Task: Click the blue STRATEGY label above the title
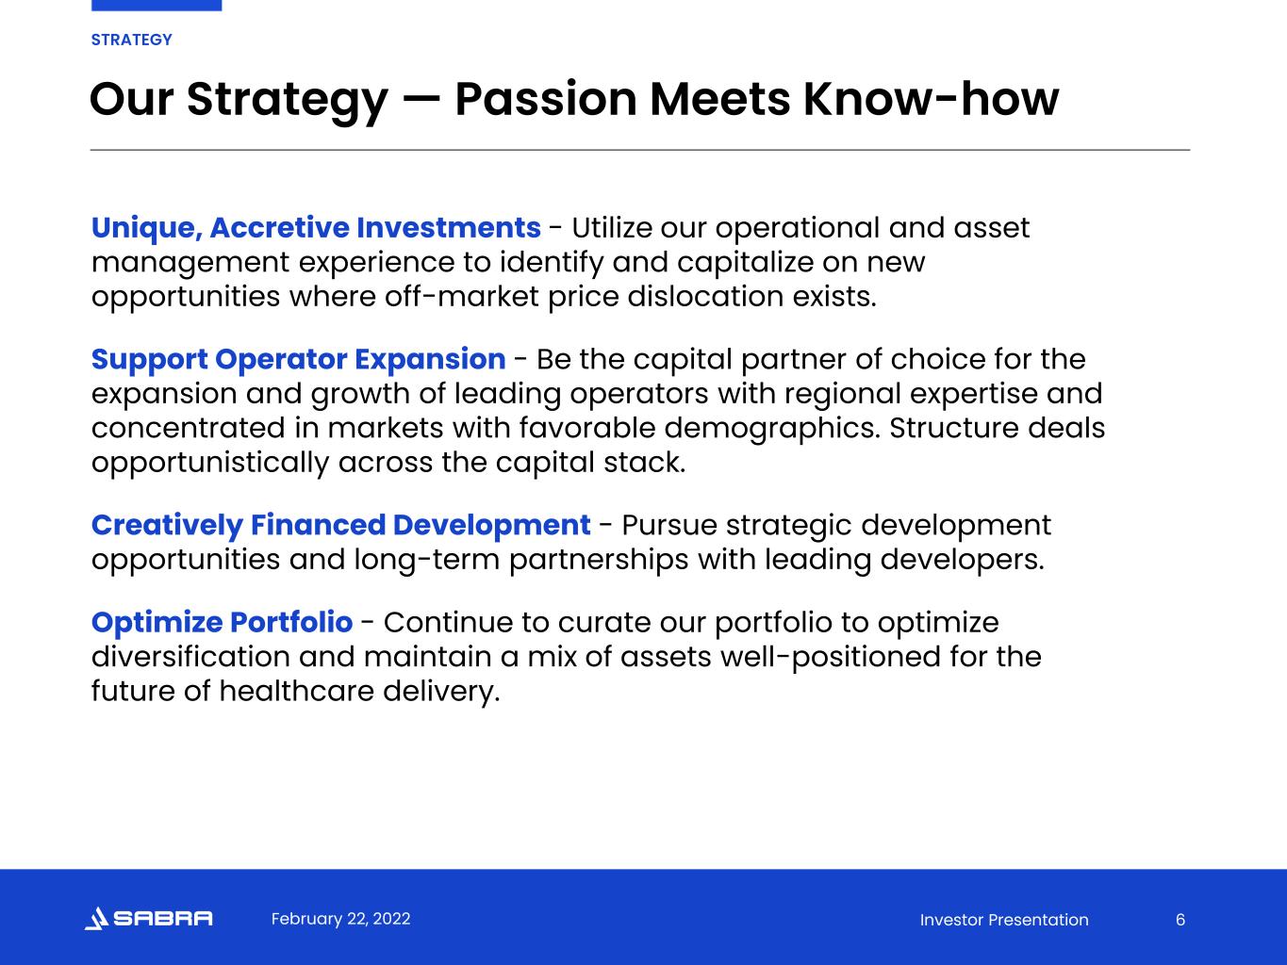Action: (x=131, y=40)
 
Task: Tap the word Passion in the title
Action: (x=545, y=99)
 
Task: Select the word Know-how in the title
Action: (x=932, y=99)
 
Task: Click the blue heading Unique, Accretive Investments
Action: (x=316, y=228)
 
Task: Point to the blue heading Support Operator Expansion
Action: (x=298, y=360)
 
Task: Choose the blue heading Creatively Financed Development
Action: (x=340, y=526)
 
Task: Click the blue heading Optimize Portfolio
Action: (x=222, y=623)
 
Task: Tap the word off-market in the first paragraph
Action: (x=461, y=297)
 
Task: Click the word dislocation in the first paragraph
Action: (x=705, y=297)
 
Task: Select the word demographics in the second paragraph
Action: (x=772, y=429)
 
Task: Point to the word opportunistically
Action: (x=210, y=464)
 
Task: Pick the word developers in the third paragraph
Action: (x=962, y=560)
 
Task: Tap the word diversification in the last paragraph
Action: (x=190, y=657)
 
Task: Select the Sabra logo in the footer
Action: (x=148, y=918)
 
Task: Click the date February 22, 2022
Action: (x=340, y=919)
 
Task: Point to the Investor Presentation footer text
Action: (x=1004, y=920)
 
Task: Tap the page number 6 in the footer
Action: (x=1180, y=920)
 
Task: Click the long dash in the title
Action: (x=421, y=100)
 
